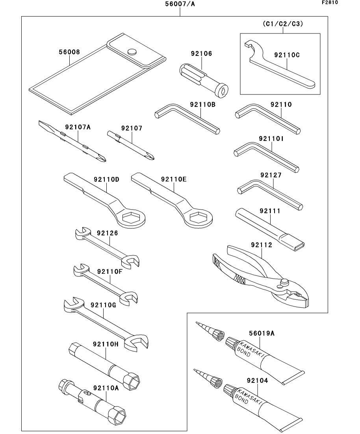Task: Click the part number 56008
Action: (69, 52)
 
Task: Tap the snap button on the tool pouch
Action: (132, 52)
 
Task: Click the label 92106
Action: (202, 54)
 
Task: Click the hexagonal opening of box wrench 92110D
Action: (130, 218)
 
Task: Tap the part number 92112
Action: (262, 245)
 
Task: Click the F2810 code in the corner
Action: (330, 2)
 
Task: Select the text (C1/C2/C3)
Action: (283, 24)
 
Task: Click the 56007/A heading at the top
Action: (180, 4)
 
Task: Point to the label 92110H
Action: (106, 344)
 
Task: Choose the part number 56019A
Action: (262, 333)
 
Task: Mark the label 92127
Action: (271, 175)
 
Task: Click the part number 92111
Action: (270, 211)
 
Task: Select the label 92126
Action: (107, 233)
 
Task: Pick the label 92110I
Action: (271, 139)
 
